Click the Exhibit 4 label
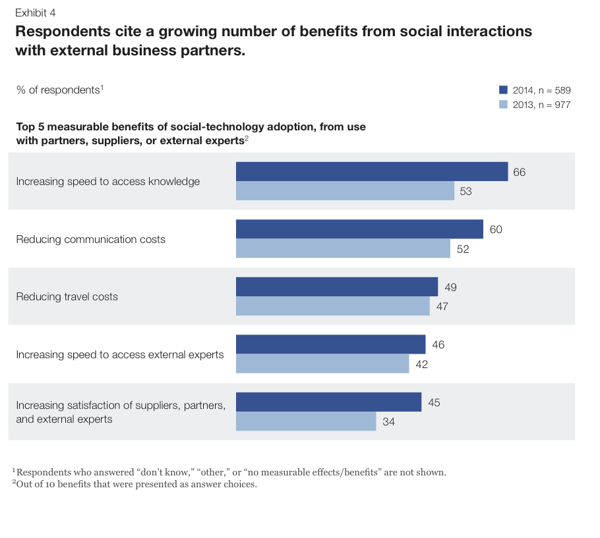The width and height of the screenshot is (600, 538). pos(35,13)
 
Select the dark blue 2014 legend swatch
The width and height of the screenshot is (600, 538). pos(503,90)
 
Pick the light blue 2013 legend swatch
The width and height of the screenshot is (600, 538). pos(503,105)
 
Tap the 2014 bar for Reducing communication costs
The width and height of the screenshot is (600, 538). pos(359,229)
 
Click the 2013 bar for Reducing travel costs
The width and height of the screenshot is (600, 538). pos(332,306)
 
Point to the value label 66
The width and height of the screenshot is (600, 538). pos(519,172)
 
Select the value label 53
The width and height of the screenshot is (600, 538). pos(466,192)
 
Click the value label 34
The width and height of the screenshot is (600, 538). pos(388,422)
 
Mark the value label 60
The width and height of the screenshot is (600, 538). pos(496,229)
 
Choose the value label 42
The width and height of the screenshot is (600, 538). pos(421,364)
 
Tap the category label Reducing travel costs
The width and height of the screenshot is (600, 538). pos(67,297)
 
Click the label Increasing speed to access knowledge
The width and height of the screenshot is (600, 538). pos(107,182)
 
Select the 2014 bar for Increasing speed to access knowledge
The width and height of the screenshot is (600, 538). pos(372,172)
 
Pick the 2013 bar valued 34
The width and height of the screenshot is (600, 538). pos(306,421)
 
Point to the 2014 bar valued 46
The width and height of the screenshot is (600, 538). pos(330,344)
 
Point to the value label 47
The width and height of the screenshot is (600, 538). pos(442,306)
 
